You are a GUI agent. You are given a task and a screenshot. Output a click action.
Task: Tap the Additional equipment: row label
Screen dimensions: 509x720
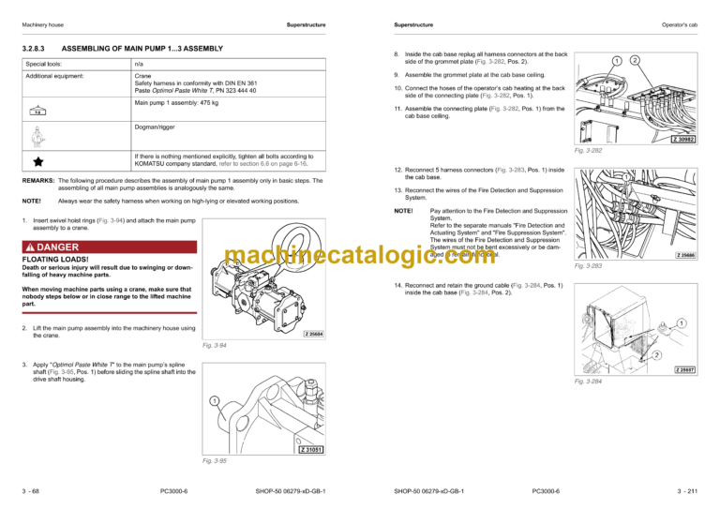pyautogui.click(x=55, y=75)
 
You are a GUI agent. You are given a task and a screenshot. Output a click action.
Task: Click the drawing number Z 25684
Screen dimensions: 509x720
pyautogui.click(x=317, y=334)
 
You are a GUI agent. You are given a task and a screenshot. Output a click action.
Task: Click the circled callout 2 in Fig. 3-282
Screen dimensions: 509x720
pyautogui.click(x=636, y=62)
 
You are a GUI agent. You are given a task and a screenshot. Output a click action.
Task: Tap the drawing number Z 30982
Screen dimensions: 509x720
pyautogui.click(x=686, y=140)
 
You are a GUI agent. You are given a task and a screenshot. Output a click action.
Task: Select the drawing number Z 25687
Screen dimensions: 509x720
pyautogui.click(x=686, y=370)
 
